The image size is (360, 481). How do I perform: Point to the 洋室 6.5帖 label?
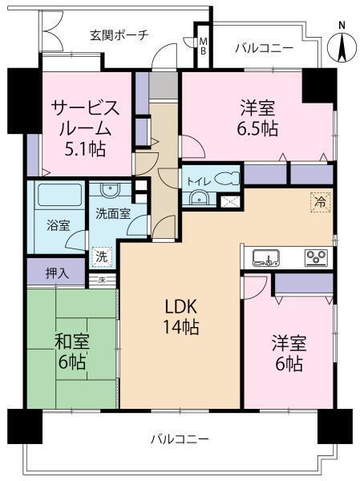(257, 117)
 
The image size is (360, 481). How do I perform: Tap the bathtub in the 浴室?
(55, 196)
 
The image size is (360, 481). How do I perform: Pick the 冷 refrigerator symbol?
(319, 204)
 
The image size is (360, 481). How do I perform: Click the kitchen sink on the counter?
(265, 257)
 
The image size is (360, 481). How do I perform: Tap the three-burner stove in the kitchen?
(315, 257)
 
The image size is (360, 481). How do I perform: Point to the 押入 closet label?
(56, 272)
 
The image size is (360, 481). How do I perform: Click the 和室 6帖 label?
(71, 350)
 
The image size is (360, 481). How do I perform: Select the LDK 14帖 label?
(182, 317)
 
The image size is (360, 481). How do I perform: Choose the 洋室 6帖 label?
(285, 353)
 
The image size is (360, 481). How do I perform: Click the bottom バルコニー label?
(180, 439)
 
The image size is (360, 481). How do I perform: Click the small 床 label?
(103, 280)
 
